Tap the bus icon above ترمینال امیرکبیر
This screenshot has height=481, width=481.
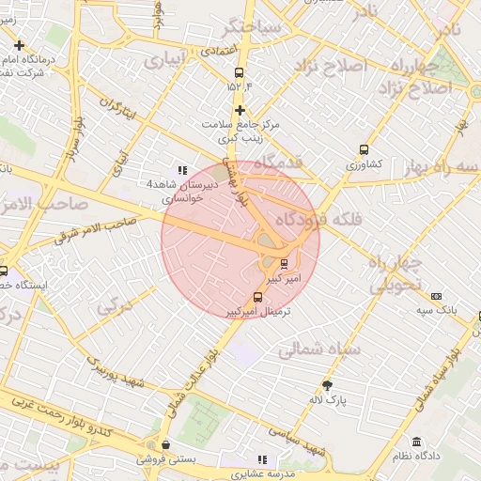258,298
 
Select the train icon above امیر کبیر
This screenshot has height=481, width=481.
285,263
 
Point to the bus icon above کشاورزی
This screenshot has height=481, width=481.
364,149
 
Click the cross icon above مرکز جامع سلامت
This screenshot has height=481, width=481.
240,109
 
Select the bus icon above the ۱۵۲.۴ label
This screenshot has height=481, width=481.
240,71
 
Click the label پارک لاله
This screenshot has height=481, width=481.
328,399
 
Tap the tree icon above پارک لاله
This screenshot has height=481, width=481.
328,385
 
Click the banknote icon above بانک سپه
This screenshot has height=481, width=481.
437,295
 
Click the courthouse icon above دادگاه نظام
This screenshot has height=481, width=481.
416,442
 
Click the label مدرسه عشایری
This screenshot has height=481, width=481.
262,473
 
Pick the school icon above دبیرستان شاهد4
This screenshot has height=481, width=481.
181,170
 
